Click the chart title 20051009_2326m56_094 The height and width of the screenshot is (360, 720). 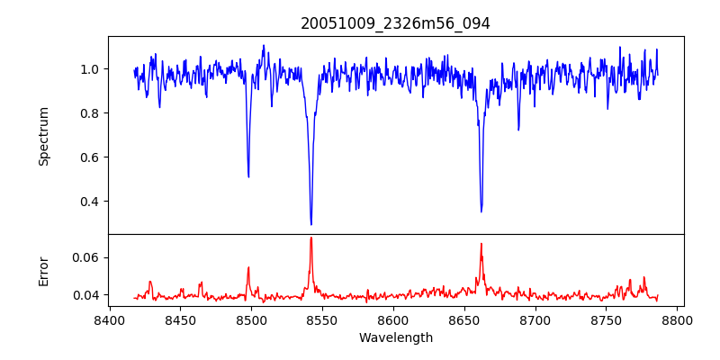point(395,23)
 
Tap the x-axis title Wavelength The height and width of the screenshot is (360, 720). point(395,337)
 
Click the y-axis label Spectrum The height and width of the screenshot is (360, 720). point(44,136)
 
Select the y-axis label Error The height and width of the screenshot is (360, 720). point(44,271)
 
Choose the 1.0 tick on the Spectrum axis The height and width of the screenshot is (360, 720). point(89,69)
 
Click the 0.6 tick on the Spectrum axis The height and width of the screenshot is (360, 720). point(89,157)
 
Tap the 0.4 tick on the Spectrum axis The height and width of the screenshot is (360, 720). point(89,202)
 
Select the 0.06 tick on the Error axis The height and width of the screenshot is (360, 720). point(85,257)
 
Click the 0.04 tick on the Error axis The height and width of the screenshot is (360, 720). point(85,295)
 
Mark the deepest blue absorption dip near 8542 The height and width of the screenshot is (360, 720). point(311,224)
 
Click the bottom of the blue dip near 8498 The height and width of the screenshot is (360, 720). point(248,176)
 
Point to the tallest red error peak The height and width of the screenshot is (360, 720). point(311,238)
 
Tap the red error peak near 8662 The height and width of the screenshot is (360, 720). point(481,244)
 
